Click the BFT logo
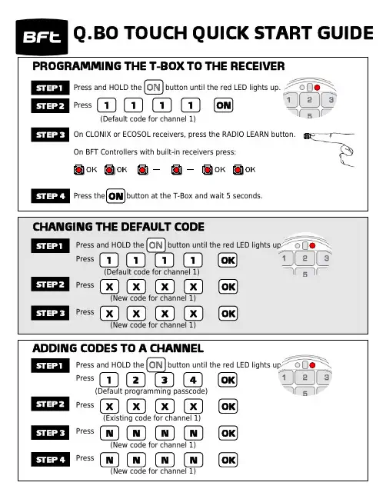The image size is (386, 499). (42, 37)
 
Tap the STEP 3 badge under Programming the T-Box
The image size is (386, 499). (50, 135)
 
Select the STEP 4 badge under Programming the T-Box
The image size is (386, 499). (50, 196)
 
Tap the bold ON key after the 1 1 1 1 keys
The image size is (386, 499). (224, 105)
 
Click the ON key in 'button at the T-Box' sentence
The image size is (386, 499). (115, 196)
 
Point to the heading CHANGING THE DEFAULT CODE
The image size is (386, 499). (118, 227)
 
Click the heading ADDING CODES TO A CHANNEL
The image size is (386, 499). (118, 348)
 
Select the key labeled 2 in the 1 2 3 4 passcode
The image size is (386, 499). (136, 380)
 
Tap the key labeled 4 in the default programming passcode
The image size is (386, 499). (193, 380)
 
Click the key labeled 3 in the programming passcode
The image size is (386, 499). (165, 380)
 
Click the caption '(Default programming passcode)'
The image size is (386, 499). (151, 391)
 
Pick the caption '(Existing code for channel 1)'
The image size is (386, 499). (151, 417)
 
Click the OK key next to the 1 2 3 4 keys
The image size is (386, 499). (228, 380)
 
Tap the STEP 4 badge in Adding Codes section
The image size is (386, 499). (50, 459)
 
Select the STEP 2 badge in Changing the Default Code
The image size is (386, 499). (50, 284)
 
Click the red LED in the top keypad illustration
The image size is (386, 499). (317, 88)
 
